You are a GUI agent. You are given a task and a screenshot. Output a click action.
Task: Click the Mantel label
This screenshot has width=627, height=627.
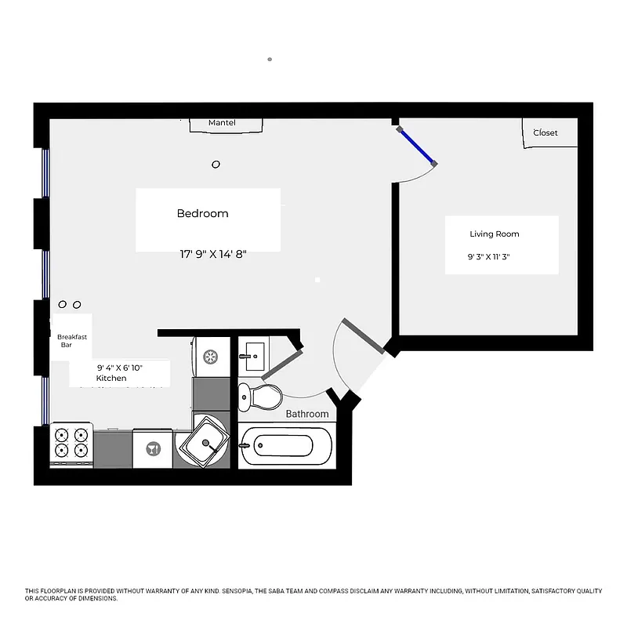(222, 123)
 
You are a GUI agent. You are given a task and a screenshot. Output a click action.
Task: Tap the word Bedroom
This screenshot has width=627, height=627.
(202, 213)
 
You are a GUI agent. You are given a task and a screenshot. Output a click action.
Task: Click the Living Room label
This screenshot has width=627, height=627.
(494, 234)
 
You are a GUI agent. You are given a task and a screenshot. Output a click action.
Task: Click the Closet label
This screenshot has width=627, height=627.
(545, 132)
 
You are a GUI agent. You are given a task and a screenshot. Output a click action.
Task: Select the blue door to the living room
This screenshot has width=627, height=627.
(416, 147)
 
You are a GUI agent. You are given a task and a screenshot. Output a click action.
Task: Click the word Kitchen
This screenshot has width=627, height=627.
(111, 378)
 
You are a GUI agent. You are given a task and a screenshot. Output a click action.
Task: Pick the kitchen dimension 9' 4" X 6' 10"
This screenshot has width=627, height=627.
(120, 367)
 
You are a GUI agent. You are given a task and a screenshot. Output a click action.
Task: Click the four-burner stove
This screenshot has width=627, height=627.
(71, 444)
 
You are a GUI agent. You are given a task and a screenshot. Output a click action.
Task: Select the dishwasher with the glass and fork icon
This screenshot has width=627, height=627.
(152, 449)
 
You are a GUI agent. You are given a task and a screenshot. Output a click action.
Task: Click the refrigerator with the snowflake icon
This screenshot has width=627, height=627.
(211, 357)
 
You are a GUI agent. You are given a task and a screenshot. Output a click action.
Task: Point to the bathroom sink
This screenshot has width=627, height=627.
(252, 356)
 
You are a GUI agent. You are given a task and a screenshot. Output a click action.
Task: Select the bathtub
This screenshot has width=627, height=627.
(286, 447)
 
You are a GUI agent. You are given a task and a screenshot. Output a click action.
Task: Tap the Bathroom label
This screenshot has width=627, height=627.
(307, 413)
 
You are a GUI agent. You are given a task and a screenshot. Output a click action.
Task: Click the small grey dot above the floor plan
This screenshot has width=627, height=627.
(270, 59)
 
